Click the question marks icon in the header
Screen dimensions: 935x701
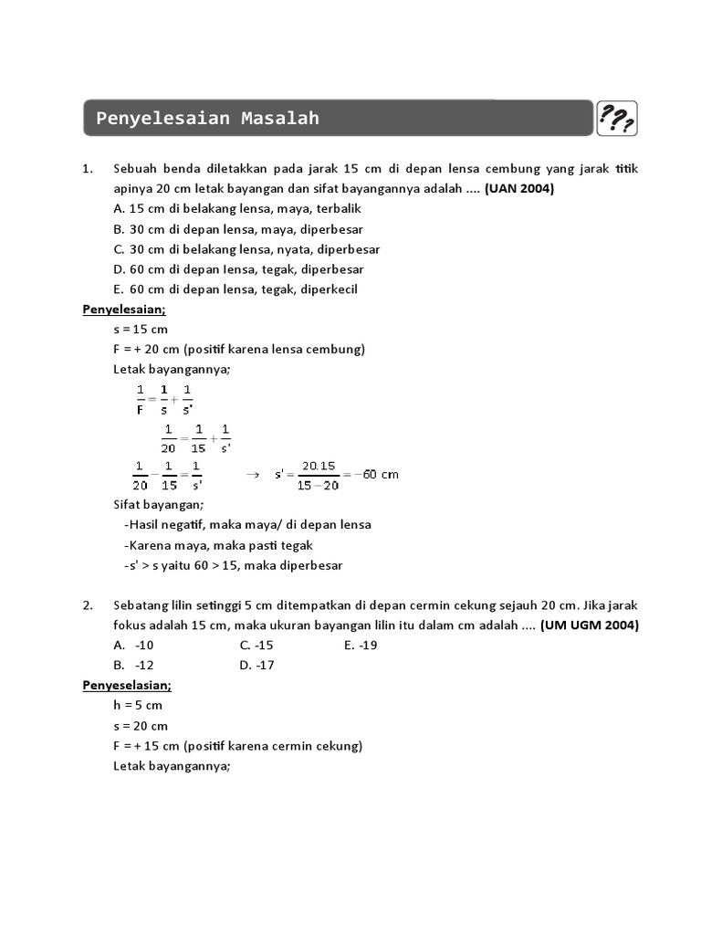pyautogui.click(x=617, y=119)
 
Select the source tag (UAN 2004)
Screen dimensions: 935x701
pyautogui.click(x=519, y=189)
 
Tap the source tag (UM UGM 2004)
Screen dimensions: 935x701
pyautogui.click(x=590, y=625)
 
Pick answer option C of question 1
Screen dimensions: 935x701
pyautogui.click(x=247, y=249)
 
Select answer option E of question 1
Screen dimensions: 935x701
pyautogui.click(x=235, y=289)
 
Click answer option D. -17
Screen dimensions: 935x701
pyautogui.click(x=257, y=665)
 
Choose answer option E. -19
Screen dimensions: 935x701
pyautogui.click(x=361, y=645)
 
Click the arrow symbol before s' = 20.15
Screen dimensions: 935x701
pyautogui.click(x=253, y=474)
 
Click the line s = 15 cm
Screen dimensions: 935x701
pyautogui.click(x=141, y=329)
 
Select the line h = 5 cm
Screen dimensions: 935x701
pyautogui.click(x=139, y=705)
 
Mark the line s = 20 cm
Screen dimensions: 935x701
pyautogui.click(x=141, y=725)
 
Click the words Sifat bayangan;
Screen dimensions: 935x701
pyautogui.click(x=159, y=504)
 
